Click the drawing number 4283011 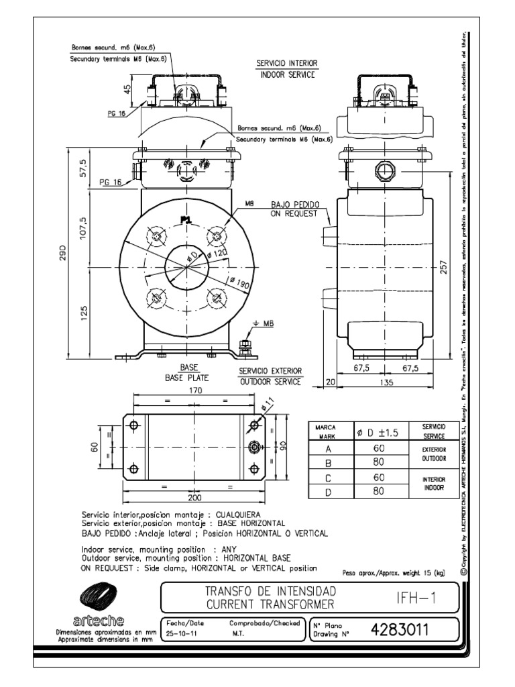399,630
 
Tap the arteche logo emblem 98,596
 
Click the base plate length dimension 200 194,498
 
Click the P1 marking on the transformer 185,219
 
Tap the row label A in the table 328,448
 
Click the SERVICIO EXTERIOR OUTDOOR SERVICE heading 270,376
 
